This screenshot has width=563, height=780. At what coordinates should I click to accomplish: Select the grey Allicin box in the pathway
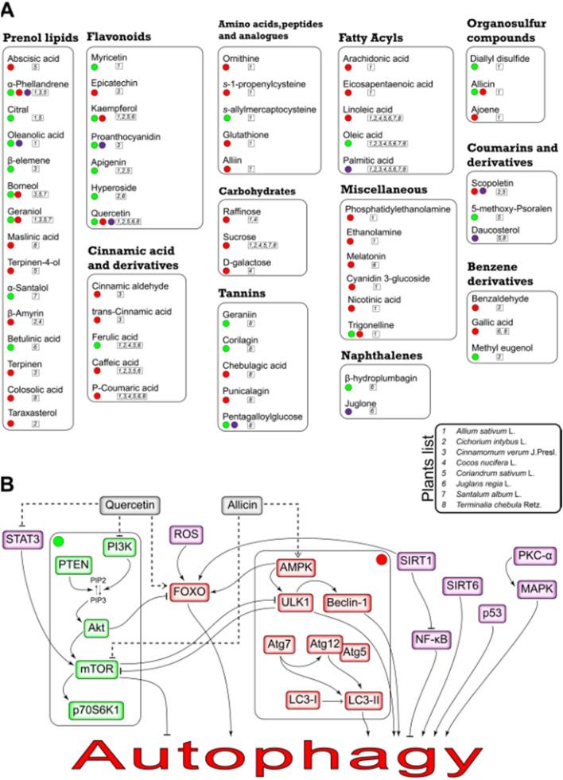(243, 503)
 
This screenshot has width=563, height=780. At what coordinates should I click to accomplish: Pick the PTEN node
(74, 564)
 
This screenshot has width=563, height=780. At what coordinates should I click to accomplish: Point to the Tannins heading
(243, 293)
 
